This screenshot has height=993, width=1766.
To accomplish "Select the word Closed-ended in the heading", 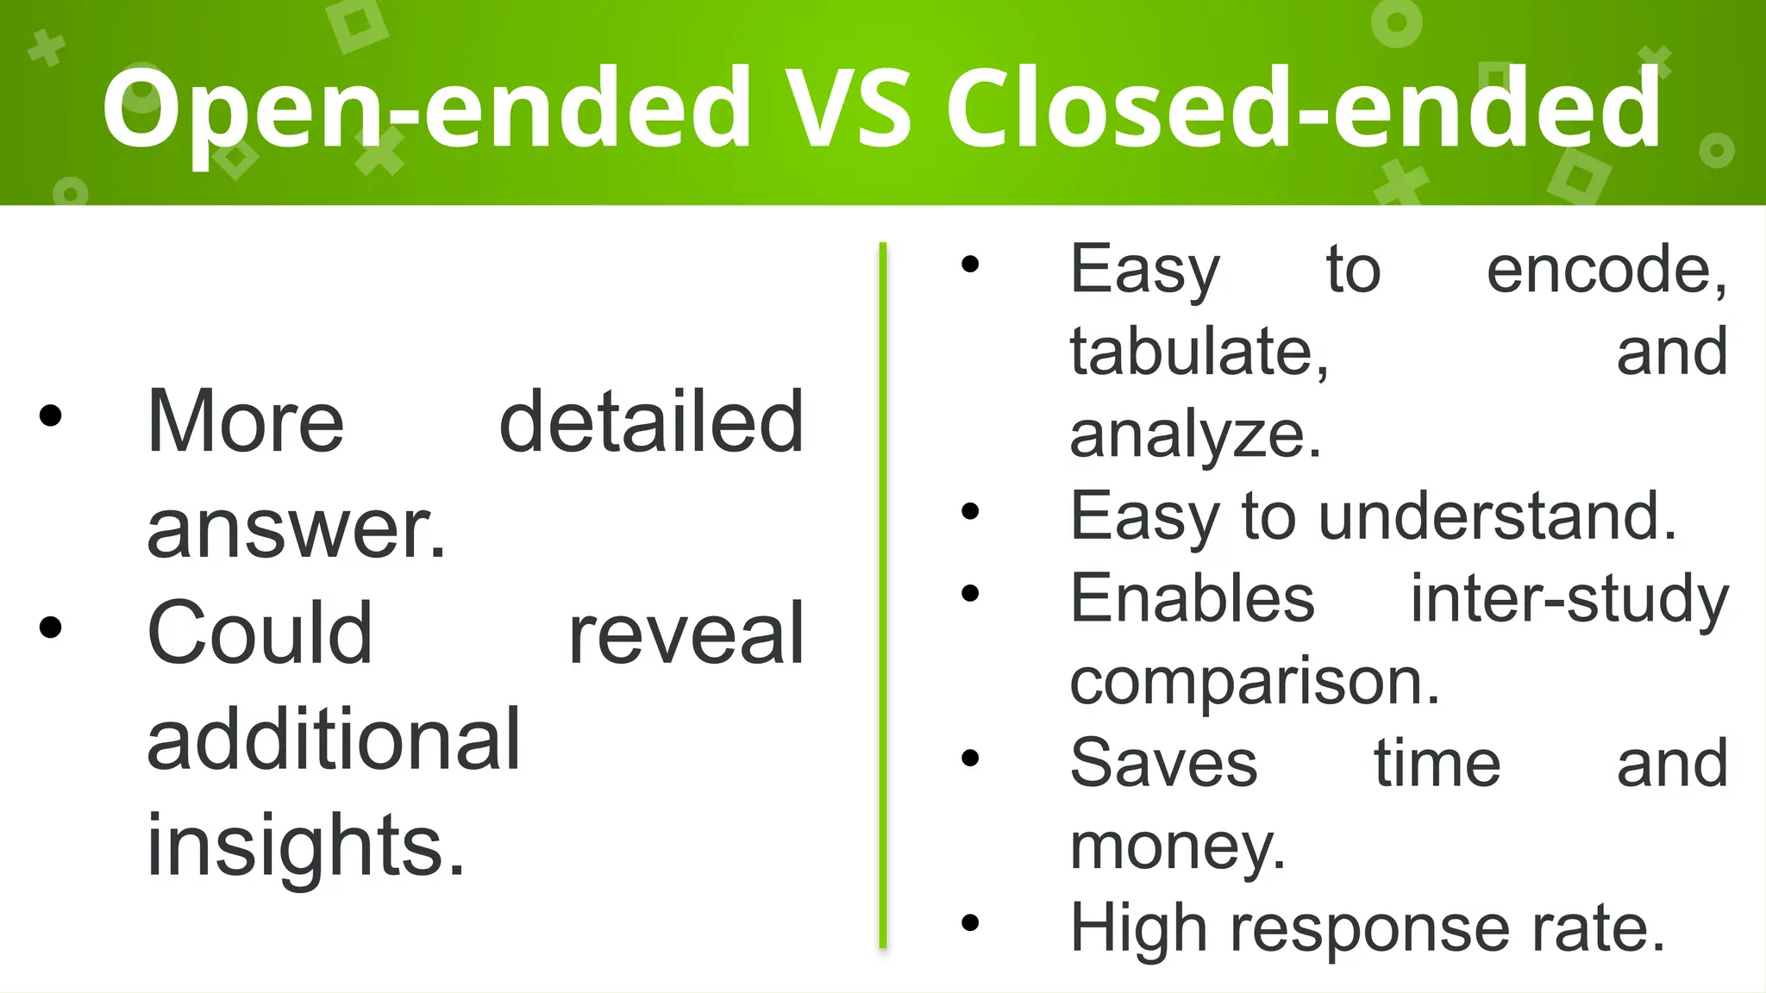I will [1303, 108].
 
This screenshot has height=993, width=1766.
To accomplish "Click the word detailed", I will [651, 422].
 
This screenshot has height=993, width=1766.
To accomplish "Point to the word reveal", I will [686, 634].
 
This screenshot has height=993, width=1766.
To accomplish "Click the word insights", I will [305, 846].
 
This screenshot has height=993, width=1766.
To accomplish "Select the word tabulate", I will [1199, 352].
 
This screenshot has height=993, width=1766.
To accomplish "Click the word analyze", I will [1194, 434].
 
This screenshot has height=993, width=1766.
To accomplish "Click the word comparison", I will [1254, 682].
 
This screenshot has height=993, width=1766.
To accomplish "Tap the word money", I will [1177, 847].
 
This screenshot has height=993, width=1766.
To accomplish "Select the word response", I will [1372, 929].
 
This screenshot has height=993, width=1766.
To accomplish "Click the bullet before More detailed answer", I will [51, 415].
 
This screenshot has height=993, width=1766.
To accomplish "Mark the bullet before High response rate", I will [970, 923].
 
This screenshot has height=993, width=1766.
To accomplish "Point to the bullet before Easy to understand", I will [970, 511].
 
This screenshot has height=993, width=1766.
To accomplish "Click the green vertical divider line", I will [883, 595].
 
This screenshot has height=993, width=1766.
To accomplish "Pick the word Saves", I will [1163, 764].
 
